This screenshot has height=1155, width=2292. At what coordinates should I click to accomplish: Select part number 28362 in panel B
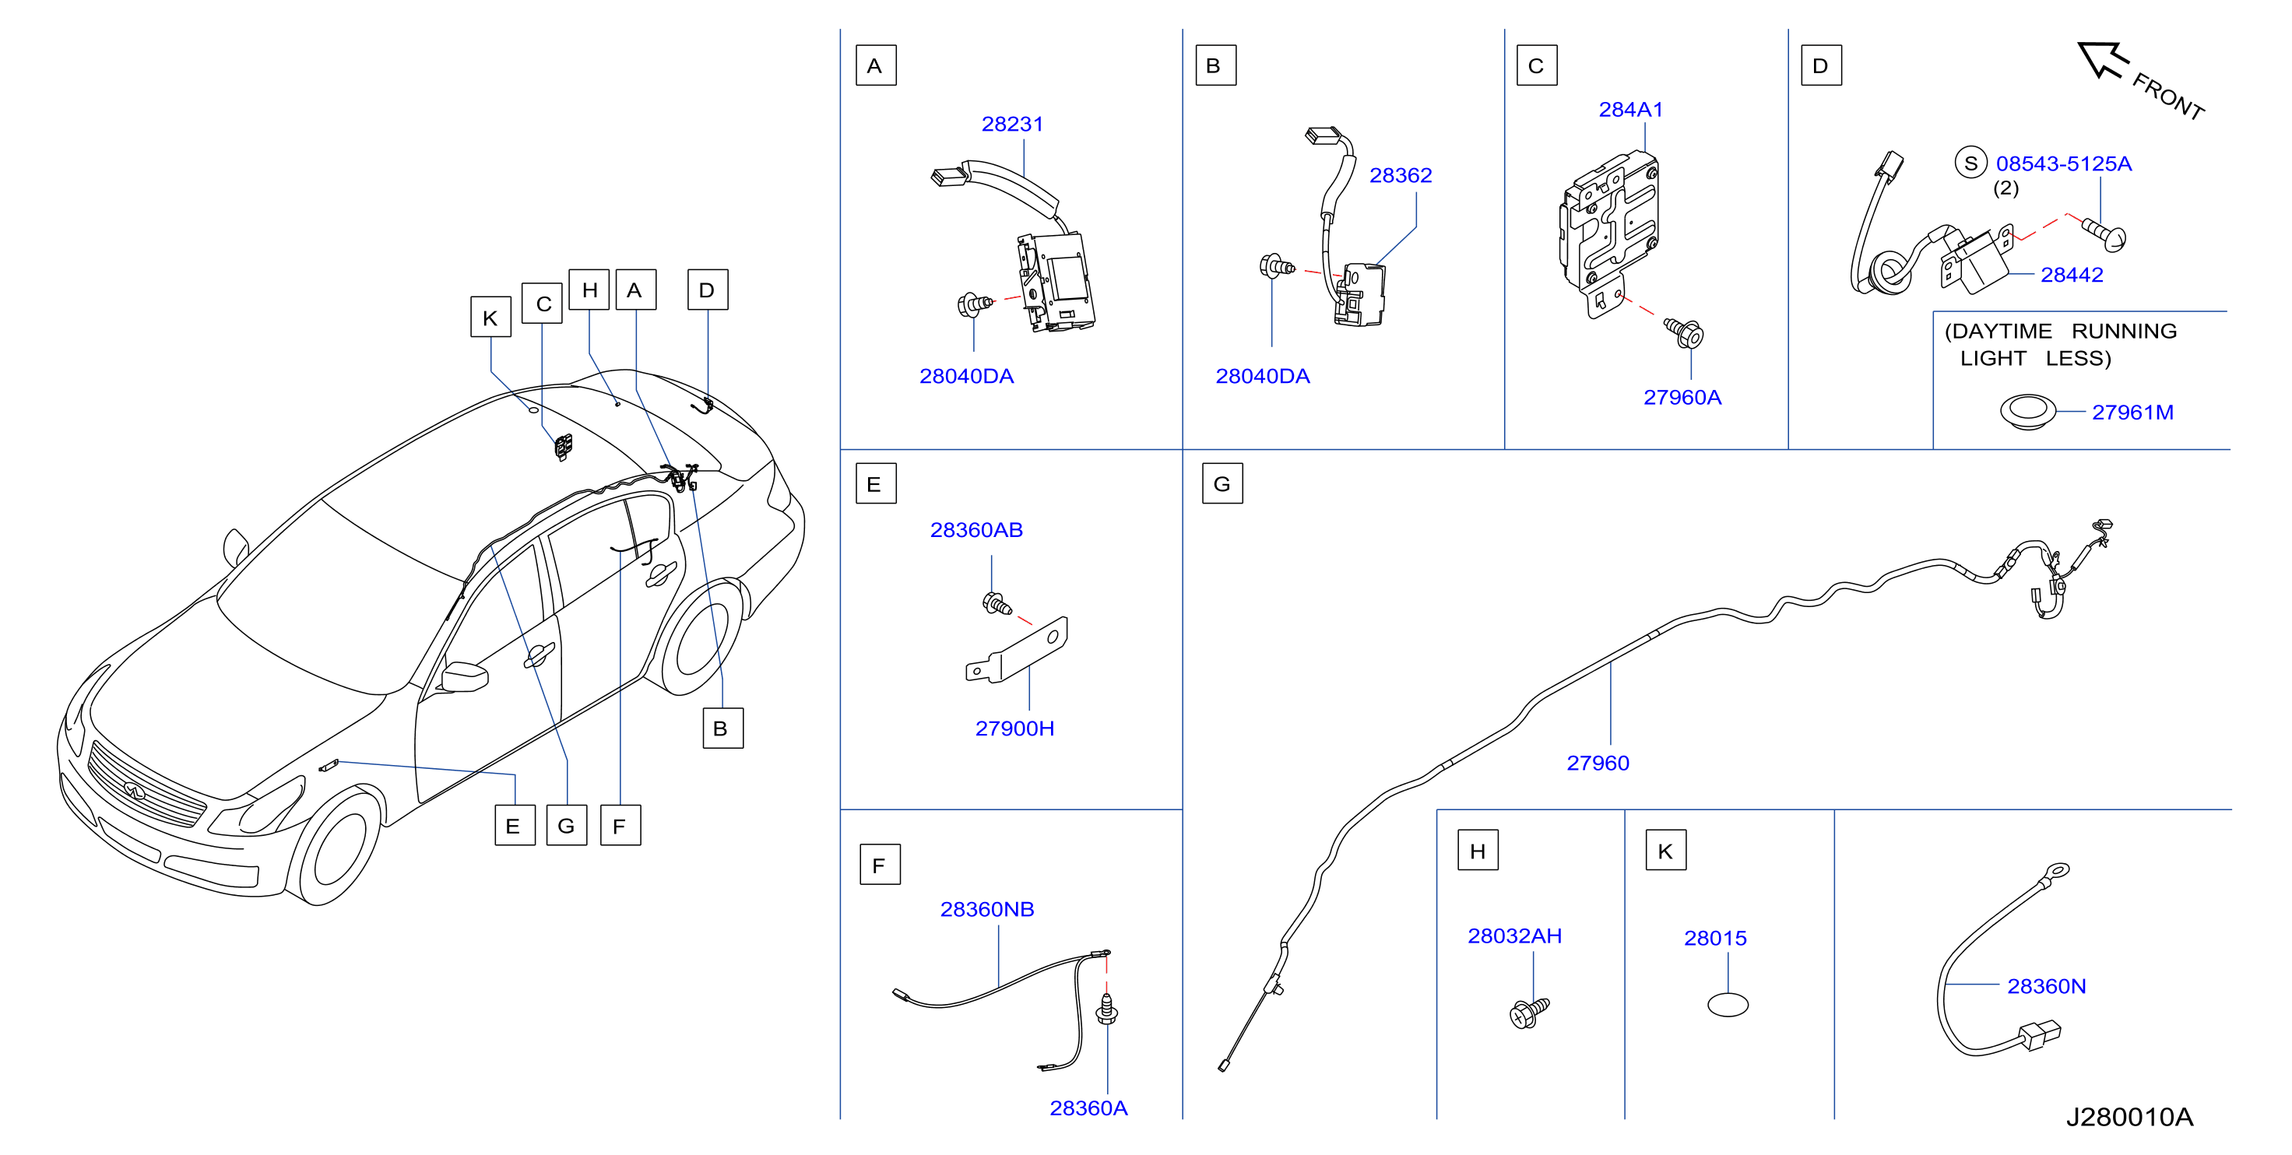point(1401,175)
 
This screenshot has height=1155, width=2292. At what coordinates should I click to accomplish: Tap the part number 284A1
point(1630,110)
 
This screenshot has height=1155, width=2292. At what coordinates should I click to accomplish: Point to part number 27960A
point(1682,397)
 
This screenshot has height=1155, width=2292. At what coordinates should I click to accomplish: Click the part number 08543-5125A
point(2063,163)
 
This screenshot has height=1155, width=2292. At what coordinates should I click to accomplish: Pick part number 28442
point(2072,275)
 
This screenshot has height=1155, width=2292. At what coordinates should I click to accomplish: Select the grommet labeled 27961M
point(2028,412)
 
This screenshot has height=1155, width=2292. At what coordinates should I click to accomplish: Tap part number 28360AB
point(976,529)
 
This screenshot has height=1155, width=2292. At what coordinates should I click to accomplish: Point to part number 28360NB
point(986,909)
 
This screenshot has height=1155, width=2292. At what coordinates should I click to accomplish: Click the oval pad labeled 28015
point(1728,1006)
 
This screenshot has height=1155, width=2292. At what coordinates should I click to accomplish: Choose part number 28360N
point(2047,986)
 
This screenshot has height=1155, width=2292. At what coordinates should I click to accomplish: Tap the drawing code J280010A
point(2129,1117)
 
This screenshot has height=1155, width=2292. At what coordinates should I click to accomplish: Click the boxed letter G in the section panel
point(1222,484)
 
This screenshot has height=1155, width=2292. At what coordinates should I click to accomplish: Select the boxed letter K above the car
point(490,318)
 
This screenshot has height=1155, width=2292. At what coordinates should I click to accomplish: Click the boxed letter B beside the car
point(722,728)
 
